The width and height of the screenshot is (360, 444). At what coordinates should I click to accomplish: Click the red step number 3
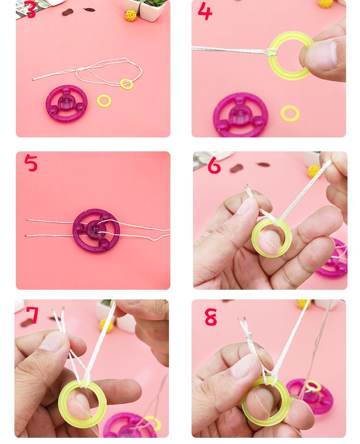pyautogui.click(x=31, y=9)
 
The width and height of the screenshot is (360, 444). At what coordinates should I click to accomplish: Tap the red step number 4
pyautogui.click(x=205, y=11)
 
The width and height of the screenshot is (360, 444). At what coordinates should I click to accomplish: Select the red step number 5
pyautogui.click(x=31, y=163)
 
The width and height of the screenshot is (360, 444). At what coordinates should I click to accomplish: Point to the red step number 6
pyautogui.click(x=214, y=165)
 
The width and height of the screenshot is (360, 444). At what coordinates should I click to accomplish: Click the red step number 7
pyautogui.click(x=32, y=315)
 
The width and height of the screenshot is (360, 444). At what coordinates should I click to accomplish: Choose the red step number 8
pyautogui.click(x=211, y=317)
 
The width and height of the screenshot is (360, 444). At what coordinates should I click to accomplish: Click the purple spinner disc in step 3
pyautogui.click(x=67, y=103)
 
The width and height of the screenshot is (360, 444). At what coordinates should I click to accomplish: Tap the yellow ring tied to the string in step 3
pyautogui.click(x=126, y=84)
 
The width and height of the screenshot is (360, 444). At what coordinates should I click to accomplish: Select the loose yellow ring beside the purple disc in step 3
pyautogui.click(x=104, y=101)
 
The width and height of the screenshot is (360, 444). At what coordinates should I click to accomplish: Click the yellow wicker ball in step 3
pyautogui.click(x=131, y=15)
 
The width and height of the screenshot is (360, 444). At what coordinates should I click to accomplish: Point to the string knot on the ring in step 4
pyautogui.click(x=271, y=52)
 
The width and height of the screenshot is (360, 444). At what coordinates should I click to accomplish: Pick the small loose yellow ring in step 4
pyautogui.click(x=290, y=113)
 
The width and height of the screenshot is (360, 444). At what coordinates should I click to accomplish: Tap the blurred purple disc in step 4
pyautogui.click(x=240, y=115)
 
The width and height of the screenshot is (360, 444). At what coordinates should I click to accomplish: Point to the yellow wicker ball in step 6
pyautogui.click(x=313, y=172)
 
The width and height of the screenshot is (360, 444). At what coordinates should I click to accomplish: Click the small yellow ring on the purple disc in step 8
pyautogui.click(x=312, y=386)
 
